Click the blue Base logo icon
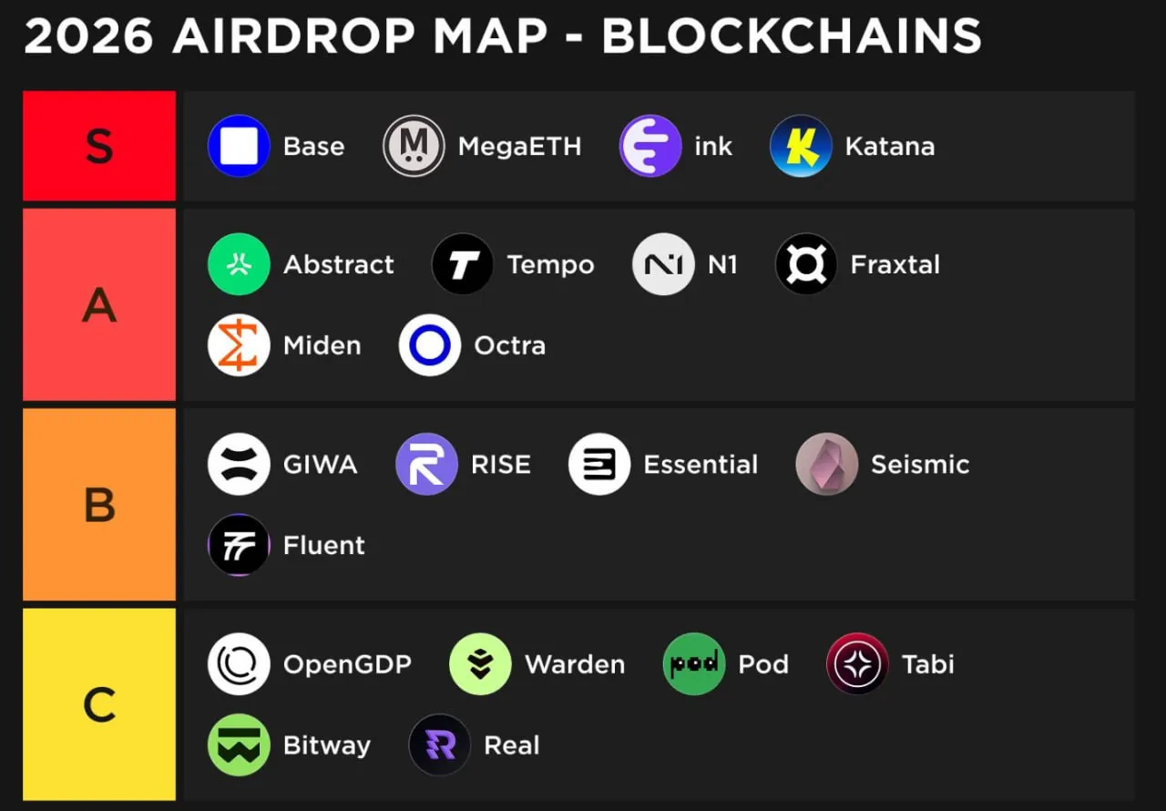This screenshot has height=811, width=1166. tap(239, 146)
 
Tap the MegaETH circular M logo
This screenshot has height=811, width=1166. tap(414, 146)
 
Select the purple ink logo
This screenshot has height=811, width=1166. tap(650, 146)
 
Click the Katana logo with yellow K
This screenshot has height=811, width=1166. tap(801, 146)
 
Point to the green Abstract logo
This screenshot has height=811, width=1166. tap(239, 264)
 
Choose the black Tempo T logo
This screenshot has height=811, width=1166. tap(463, 264)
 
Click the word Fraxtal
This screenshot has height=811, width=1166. tap(895, 264)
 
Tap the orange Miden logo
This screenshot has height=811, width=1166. tap(239, 345)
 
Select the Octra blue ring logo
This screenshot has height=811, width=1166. tap(429, 345)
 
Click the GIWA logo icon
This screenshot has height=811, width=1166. tap(239, 464)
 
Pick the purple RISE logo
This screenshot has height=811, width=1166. tap(427, 464)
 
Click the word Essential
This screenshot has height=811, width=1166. tap(701, 464)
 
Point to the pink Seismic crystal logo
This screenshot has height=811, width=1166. tap(826, 464)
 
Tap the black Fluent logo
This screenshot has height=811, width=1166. tap(239, 545)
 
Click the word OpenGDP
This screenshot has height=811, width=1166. tap(347, 664)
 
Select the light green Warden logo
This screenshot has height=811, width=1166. tap(480, 663)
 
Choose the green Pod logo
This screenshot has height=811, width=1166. tap(694, 663)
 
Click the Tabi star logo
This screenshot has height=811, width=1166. tap(857, 663)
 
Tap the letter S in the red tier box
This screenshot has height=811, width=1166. tap(99, 147)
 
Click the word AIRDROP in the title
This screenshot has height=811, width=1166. tap(293, 36)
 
